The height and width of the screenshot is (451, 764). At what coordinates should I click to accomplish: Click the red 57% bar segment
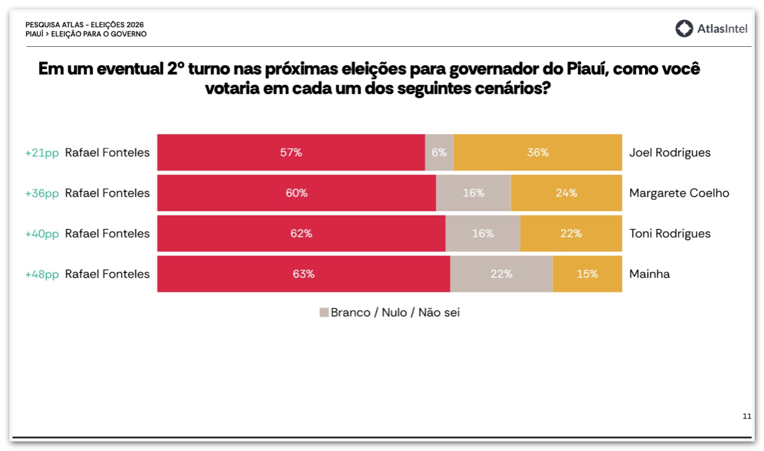(291, 152)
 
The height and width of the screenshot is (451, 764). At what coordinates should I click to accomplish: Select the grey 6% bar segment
(439, 152)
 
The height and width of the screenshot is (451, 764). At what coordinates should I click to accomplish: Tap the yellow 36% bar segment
(537, 152)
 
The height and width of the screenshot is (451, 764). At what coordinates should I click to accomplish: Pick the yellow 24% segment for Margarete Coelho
(566, 193)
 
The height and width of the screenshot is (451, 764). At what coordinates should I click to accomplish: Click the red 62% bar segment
(301, 234)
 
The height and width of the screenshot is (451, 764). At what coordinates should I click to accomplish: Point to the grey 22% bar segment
(502, 274)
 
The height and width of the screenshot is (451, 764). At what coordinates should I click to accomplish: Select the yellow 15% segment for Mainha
(587, 274)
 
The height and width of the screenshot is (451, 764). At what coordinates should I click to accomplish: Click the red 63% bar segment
(303, 274)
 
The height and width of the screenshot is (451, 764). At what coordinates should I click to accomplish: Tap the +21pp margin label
(42, 153)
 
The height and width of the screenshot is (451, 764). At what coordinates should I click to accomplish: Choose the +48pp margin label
(42, 274)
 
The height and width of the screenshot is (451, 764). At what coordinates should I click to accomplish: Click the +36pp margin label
(42, 193)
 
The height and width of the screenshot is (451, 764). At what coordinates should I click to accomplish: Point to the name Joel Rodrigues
(670, 153)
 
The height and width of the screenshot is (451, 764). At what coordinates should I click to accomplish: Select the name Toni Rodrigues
(670, 234)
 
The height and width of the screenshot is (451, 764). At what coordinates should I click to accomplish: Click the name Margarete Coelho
(679, 193)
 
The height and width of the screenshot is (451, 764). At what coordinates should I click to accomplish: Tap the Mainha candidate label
(649, 274)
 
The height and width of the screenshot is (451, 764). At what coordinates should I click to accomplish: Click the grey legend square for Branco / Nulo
(324, 312)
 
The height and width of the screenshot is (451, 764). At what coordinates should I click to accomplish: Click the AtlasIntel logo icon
(684, 28)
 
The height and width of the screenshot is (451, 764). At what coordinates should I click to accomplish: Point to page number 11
(747, 416)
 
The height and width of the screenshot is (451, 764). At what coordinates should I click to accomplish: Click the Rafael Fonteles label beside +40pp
(107, 234)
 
